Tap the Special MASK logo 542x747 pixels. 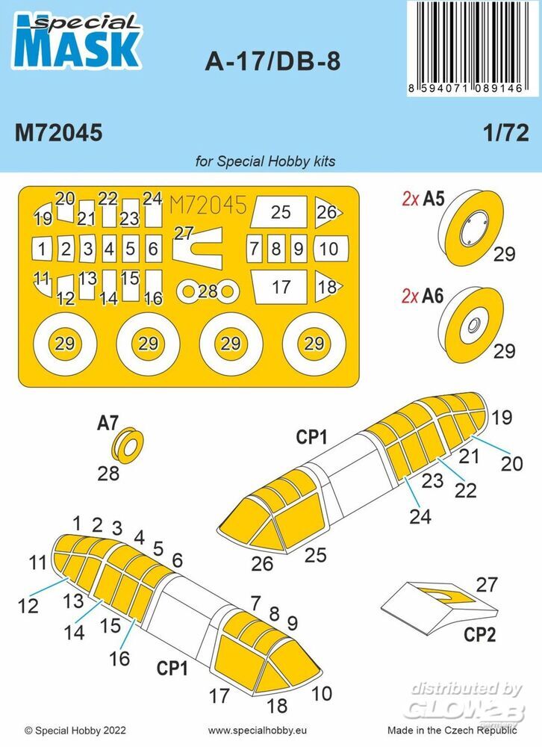tap(78, 41)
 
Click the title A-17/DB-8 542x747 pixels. tap(273, 62)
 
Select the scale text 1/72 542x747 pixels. tap(506, 133)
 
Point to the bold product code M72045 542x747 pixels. tap(58, 133)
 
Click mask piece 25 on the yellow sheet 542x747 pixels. tap(279, 211)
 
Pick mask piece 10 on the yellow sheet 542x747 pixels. tap(331, 249)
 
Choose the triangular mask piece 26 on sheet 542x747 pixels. tap(327, 212)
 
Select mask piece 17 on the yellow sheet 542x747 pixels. tap(279, 288)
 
